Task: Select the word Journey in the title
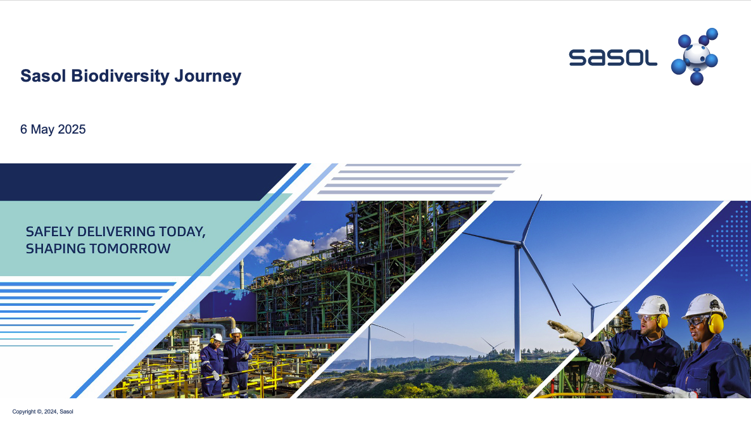point(208,77)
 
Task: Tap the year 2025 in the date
point(72,129)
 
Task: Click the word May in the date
point(42,130)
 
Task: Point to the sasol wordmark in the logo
point(612,58)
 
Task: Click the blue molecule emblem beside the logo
point(695,56)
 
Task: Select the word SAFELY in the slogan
point(49,232)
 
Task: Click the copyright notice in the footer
point(42,412)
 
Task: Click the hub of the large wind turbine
point(519,244)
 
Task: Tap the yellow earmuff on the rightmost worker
point(716,324)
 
